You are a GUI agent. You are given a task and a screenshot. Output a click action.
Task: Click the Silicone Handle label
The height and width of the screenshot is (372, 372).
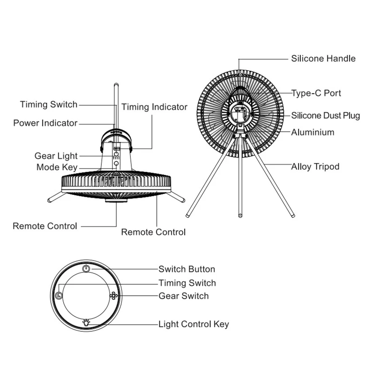click(323, 59)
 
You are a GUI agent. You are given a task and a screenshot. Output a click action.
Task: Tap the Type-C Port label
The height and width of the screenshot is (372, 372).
click(316, 93)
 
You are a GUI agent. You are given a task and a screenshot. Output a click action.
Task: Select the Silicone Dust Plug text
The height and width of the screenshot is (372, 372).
click(325, 116)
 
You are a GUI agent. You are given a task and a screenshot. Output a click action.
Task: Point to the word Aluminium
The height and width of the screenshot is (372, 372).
click(313, 133)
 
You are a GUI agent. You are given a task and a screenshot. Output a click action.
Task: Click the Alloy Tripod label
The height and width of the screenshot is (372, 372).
click(315, 166)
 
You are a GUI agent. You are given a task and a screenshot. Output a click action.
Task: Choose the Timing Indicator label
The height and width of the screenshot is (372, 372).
click(154, 107)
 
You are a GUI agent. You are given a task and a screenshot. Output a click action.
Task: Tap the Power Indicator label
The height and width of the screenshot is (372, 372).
click(45, 123)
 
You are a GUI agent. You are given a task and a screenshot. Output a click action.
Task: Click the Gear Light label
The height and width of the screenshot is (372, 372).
click(56, 156)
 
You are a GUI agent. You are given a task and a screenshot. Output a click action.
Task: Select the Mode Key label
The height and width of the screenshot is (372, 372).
click(57, 167)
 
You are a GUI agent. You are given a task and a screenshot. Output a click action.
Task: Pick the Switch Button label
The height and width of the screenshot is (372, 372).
click(186, 269)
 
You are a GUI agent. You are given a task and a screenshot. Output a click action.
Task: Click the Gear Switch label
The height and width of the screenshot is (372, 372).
click(184, 296)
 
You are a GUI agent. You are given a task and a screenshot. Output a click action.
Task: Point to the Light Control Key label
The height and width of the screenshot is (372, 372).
click(193, 324)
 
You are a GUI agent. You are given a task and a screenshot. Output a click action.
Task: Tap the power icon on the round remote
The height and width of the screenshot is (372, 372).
click(86, 269)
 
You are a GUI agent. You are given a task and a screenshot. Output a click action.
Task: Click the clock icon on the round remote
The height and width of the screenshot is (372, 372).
click(59, 296)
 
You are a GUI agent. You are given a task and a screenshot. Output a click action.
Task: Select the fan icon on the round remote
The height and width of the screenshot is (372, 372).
click(113, 296)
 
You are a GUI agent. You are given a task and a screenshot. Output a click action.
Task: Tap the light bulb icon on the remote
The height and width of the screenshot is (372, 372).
click(86, 322)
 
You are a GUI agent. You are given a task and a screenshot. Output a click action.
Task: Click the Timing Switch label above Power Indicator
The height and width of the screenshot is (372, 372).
click(49, 104)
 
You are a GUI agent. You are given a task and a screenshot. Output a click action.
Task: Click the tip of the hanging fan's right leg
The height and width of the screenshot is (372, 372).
click(183, 200)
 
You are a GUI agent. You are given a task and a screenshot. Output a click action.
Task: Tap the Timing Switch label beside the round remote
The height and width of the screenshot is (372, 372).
click(187, 283)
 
